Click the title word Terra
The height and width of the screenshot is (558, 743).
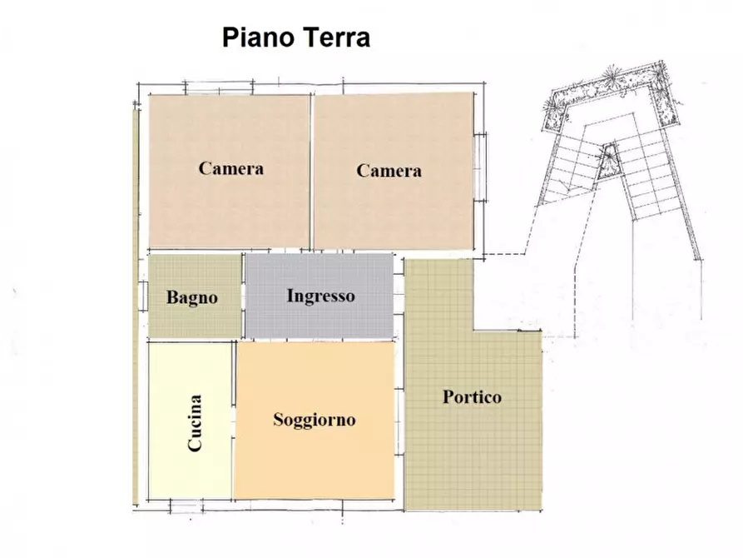(335, 37)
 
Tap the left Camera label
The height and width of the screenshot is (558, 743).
(230, 168)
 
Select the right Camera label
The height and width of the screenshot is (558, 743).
(389, 171)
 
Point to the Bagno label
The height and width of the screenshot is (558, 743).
(191, 297)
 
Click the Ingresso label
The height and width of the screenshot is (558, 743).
(320, 296)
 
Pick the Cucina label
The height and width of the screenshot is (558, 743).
(195, 422)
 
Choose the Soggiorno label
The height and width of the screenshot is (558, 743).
(314, 420)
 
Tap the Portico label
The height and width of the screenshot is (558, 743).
(472, 397)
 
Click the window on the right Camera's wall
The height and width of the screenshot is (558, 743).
(480, 166)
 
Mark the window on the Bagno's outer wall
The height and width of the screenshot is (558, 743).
(143, 296)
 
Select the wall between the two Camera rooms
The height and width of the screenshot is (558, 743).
(312, 171)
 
